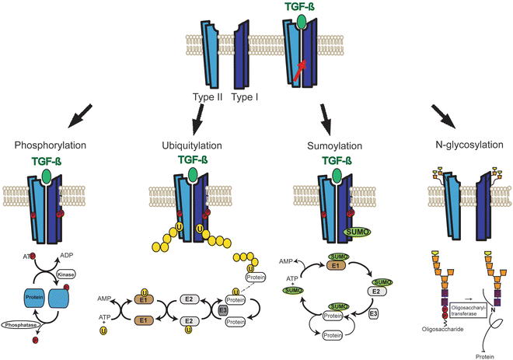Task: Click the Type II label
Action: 208,98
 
